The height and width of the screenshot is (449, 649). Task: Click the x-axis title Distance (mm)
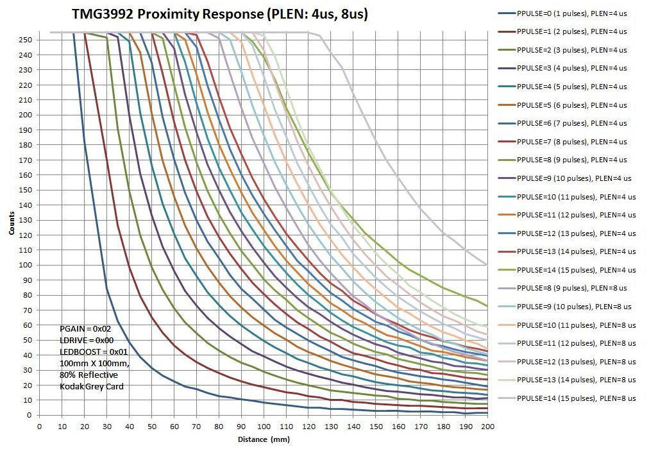[x=264, y=439]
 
